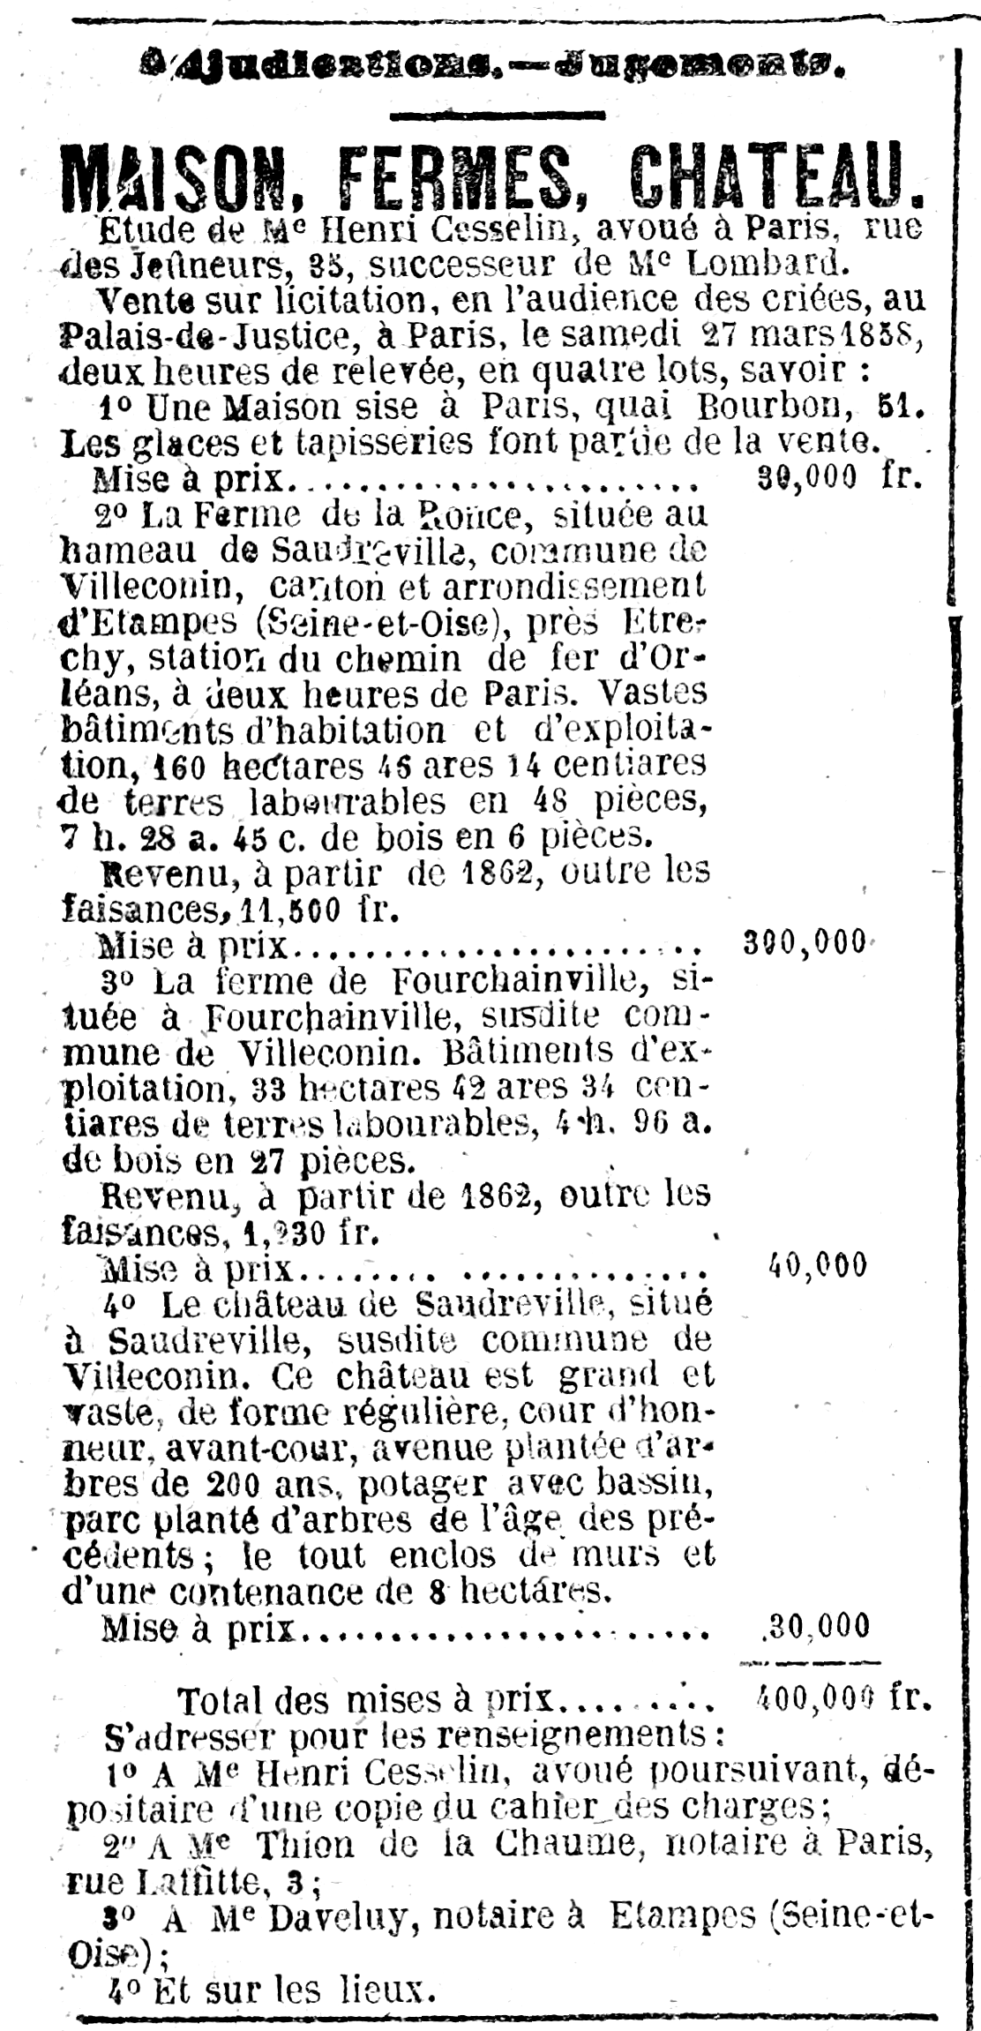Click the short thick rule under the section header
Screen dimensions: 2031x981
point(497,115)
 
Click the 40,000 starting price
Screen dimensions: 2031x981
point(818,1265)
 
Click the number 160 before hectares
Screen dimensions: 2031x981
point(180,766)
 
